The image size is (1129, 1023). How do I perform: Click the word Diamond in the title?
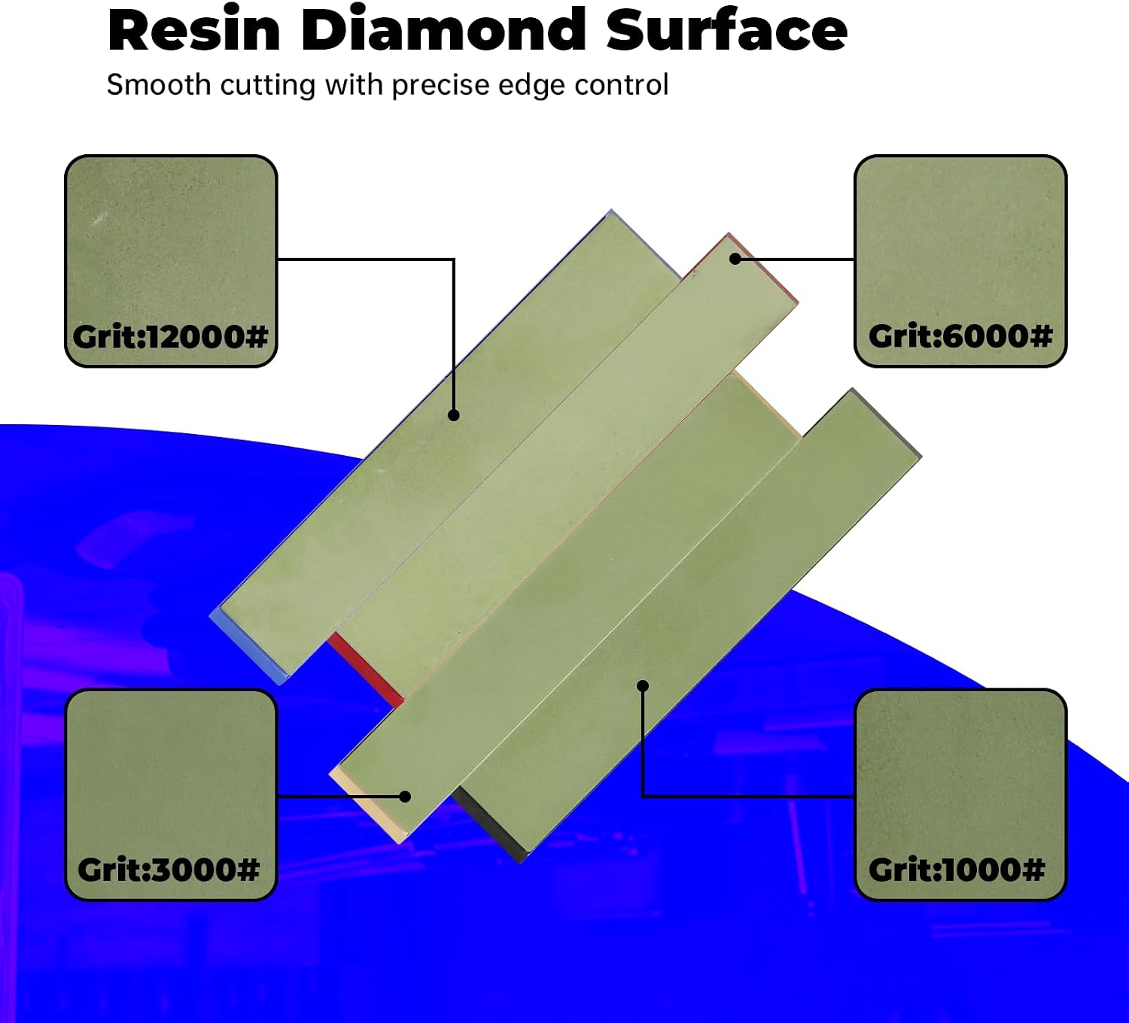[x=443, y=30]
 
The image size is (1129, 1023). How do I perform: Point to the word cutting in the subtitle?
[x=267, y=86]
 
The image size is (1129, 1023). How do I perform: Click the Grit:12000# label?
[x=170, y=336]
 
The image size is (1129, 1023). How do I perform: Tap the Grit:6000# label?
[x=960, y=336]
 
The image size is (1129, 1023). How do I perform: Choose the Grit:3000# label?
[x=169, y=870]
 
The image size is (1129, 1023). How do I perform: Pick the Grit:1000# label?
[x=957, y=870]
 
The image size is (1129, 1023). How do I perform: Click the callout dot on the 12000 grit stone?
[x=454, y=415]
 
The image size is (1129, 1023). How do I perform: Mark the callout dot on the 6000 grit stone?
[x=735, y=259]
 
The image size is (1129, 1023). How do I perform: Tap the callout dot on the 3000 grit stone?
[x=405, y=797]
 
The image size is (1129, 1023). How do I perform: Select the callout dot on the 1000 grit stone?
[x=643, y=685]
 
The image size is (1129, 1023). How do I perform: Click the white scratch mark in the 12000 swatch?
[x=99, y=220]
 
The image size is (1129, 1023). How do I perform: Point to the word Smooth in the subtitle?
[x=158, y=86]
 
